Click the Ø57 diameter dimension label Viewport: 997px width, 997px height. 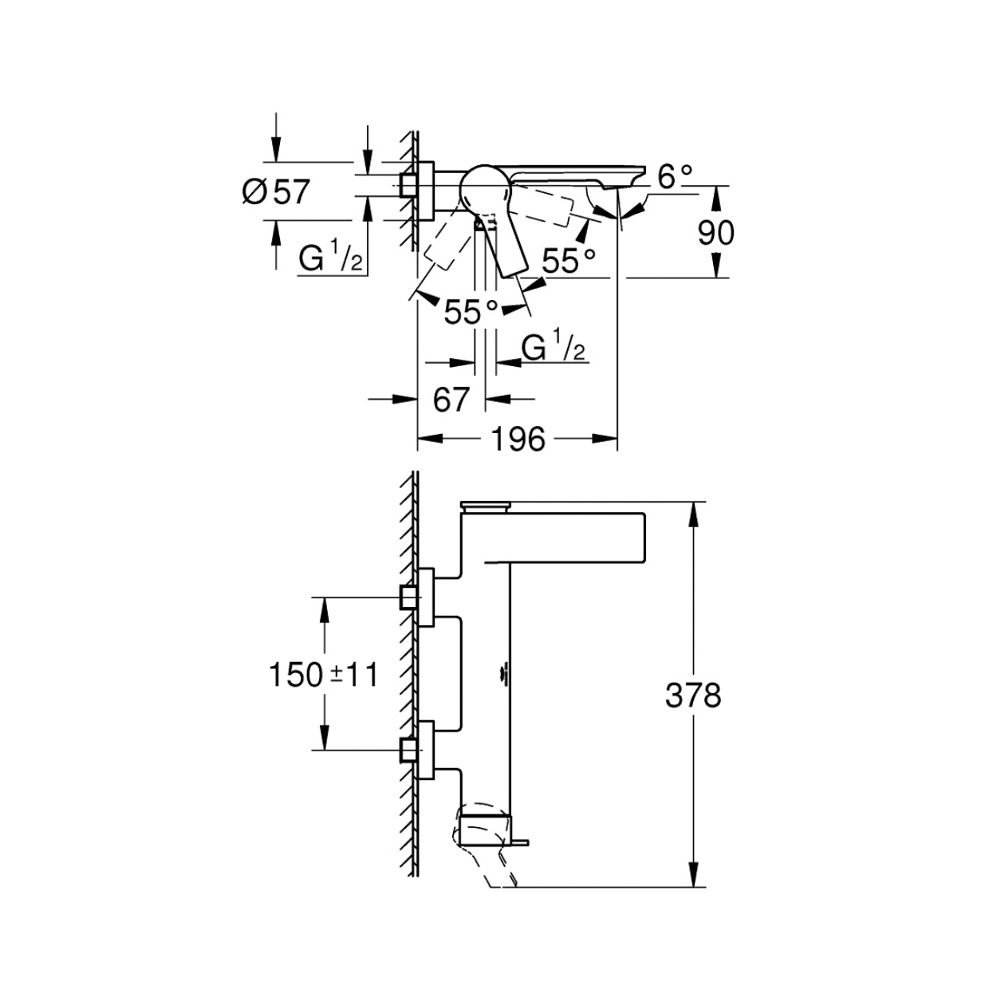[x=276, y=191]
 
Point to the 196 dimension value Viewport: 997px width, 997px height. [x=518, y=439]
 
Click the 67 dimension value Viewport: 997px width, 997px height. [x=451, y=399]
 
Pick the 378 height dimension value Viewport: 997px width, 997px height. [x=693, y=696]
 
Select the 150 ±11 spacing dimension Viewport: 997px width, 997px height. [x=323, y=675]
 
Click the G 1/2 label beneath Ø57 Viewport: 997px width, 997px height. [x=331, y=258]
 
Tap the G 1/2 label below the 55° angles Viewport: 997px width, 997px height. [x=553, y=347]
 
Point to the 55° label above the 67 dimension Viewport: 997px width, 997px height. [x=471, y=312]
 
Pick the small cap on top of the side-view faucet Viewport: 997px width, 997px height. [x=485, y=506]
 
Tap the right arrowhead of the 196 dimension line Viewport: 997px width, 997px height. [x=605, y=439]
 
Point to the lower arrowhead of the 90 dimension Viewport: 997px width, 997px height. [x=716, y=265]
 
